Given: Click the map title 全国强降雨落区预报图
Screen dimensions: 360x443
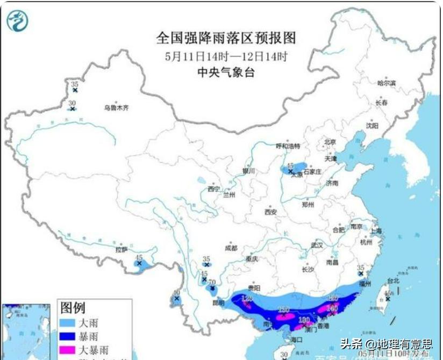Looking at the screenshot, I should click(x=226, y=38).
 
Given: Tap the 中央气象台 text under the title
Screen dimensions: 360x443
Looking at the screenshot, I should click(x=226, y=73).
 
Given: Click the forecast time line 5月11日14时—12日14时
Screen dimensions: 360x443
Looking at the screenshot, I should click(x=226, y=56).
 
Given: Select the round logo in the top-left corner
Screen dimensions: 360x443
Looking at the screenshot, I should click(x=17, y=21).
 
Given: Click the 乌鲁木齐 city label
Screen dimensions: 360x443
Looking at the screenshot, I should click(x=117, y=108).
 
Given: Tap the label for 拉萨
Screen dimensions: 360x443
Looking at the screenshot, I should click(x=121, y=249).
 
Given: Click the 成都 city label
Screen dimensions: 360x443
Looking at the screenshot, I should click(x=231, y=248).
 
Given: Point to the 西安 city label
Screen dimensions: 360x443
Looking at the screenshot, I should click(x=270, y=212).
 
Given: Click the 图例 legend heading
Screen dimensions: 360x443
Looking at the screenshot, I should click(x=72, y=308).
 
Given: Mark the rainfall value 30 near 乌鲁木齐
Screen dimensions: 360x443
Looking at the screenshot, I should click(x=72, y=103).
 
